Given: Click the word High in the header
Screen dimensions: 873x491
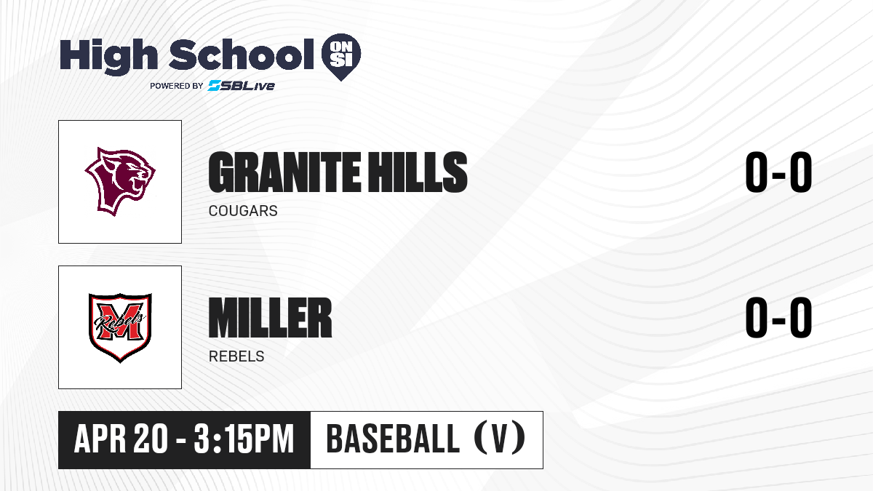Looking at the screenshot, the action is tap(108, 57).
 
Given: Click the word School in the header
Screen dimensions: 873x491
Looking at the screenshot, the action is tap(242, 55).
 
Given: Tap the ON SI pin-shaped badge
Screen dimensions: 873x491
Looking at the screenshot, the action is tap(341, 57).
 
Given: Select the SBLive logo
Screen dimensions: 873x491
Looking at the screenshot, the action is tap(242, 85).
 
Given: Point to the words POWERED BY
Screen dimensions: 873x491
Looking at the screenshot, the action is tap(177, 86).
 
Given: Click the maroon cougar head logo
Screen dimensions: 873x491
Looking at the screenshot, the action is tap(120, 182).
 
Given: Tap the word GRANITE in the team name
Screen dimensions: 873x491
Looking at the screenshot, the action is tap(284, 172).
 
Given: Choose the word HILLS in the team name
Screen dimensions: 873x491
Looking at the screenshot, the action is tap(418, 172).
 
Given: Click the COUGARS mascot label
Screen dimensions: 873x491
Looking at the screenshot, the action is tap(243, 211).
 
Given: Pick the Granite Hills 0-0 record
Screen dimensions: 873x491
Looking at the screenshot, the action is tap(778, 172).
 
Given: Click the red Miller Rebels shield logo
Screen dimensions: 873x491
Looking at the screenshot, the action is tap(120, 327).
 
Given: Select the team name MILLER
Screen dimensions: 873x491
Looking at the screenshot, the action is tap(270, 318).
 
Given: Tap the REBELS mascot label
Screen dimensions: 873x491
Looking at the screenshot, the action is tap(236, 356).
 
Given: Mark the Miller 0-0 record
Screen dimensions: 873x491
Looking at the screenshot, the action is tap(778, 317).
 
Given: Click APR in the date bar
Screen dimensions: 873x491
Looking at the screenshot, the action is tap(100, 439).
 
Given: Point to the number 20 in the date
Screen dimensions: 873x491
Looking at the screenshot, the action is tap(151, 439).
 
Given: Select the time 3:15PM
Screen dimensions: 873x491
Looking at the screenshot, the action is tap(244, 439).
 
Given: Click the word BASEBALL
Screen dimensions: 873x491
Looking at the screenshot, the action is tap(394, 439).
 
